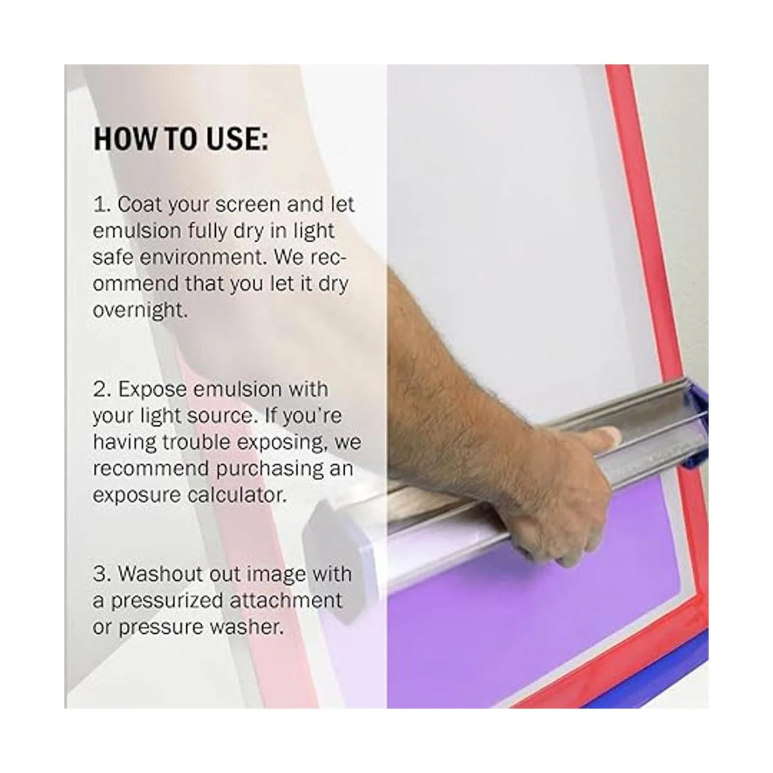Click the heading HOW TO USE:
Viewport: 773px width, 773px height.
(181, 138)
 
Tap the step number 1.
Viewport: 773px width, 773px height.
(99, 205)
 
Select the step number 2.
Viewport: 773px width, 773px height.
(99, 389)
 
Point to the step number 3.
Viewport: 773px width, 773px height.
(99, 574)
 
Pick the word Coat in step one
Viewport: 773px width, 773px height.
(138, 205)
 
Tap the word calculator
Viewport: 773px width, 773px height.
(237, 495)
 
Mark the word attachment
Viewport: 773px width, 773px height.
(285, 600)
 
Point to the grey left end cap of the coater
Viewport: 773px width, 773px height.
(330, 542)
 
